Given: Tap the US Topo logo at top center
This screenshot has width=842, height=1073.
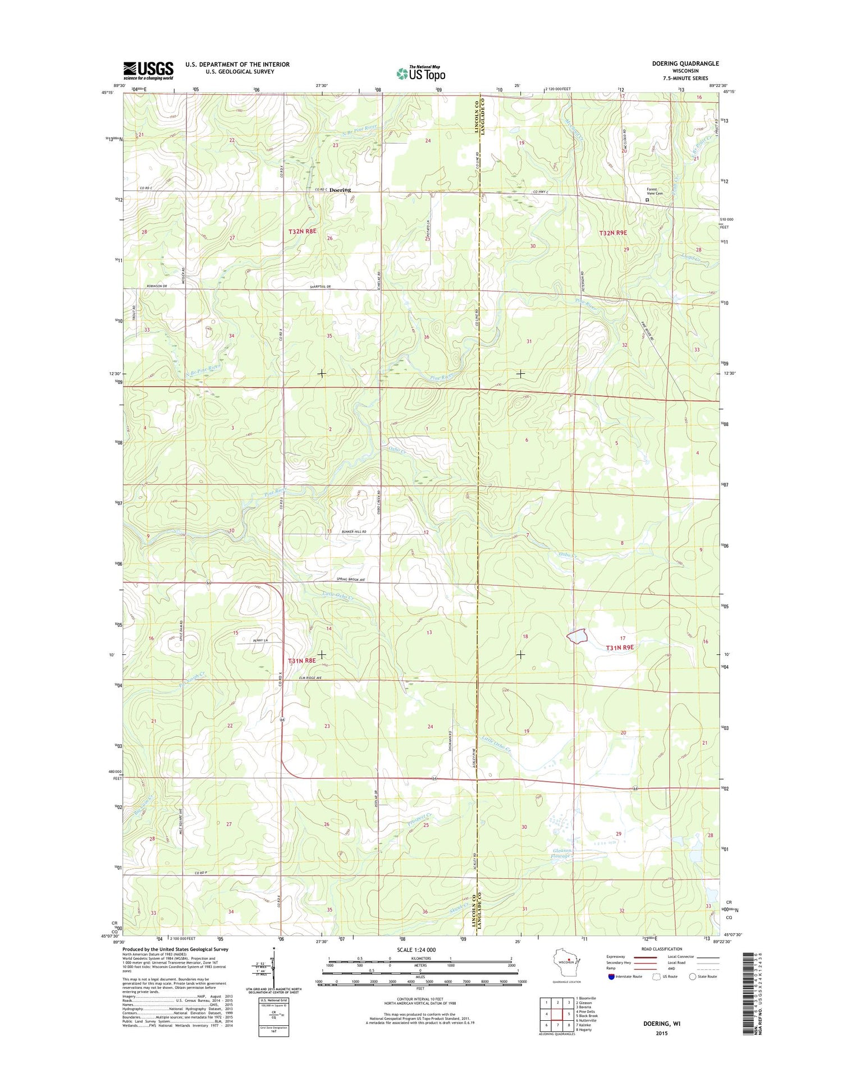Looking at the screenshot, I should coord(421,73).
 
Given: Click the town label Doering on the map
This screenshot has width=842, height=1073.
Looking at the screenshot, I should coord(340,190).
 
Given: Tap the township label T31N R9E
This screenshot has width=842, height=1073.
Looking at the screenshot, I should coord(620,648).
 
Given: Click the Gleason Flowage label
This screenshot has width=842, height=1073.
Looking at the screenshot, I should coord(561,853).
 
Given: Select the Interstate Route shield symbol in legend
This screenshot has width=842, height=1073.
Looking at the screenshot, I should coord(611,976).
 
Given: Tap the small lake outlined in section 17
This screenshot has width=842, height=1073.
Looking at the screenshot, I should coord(577,636).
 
